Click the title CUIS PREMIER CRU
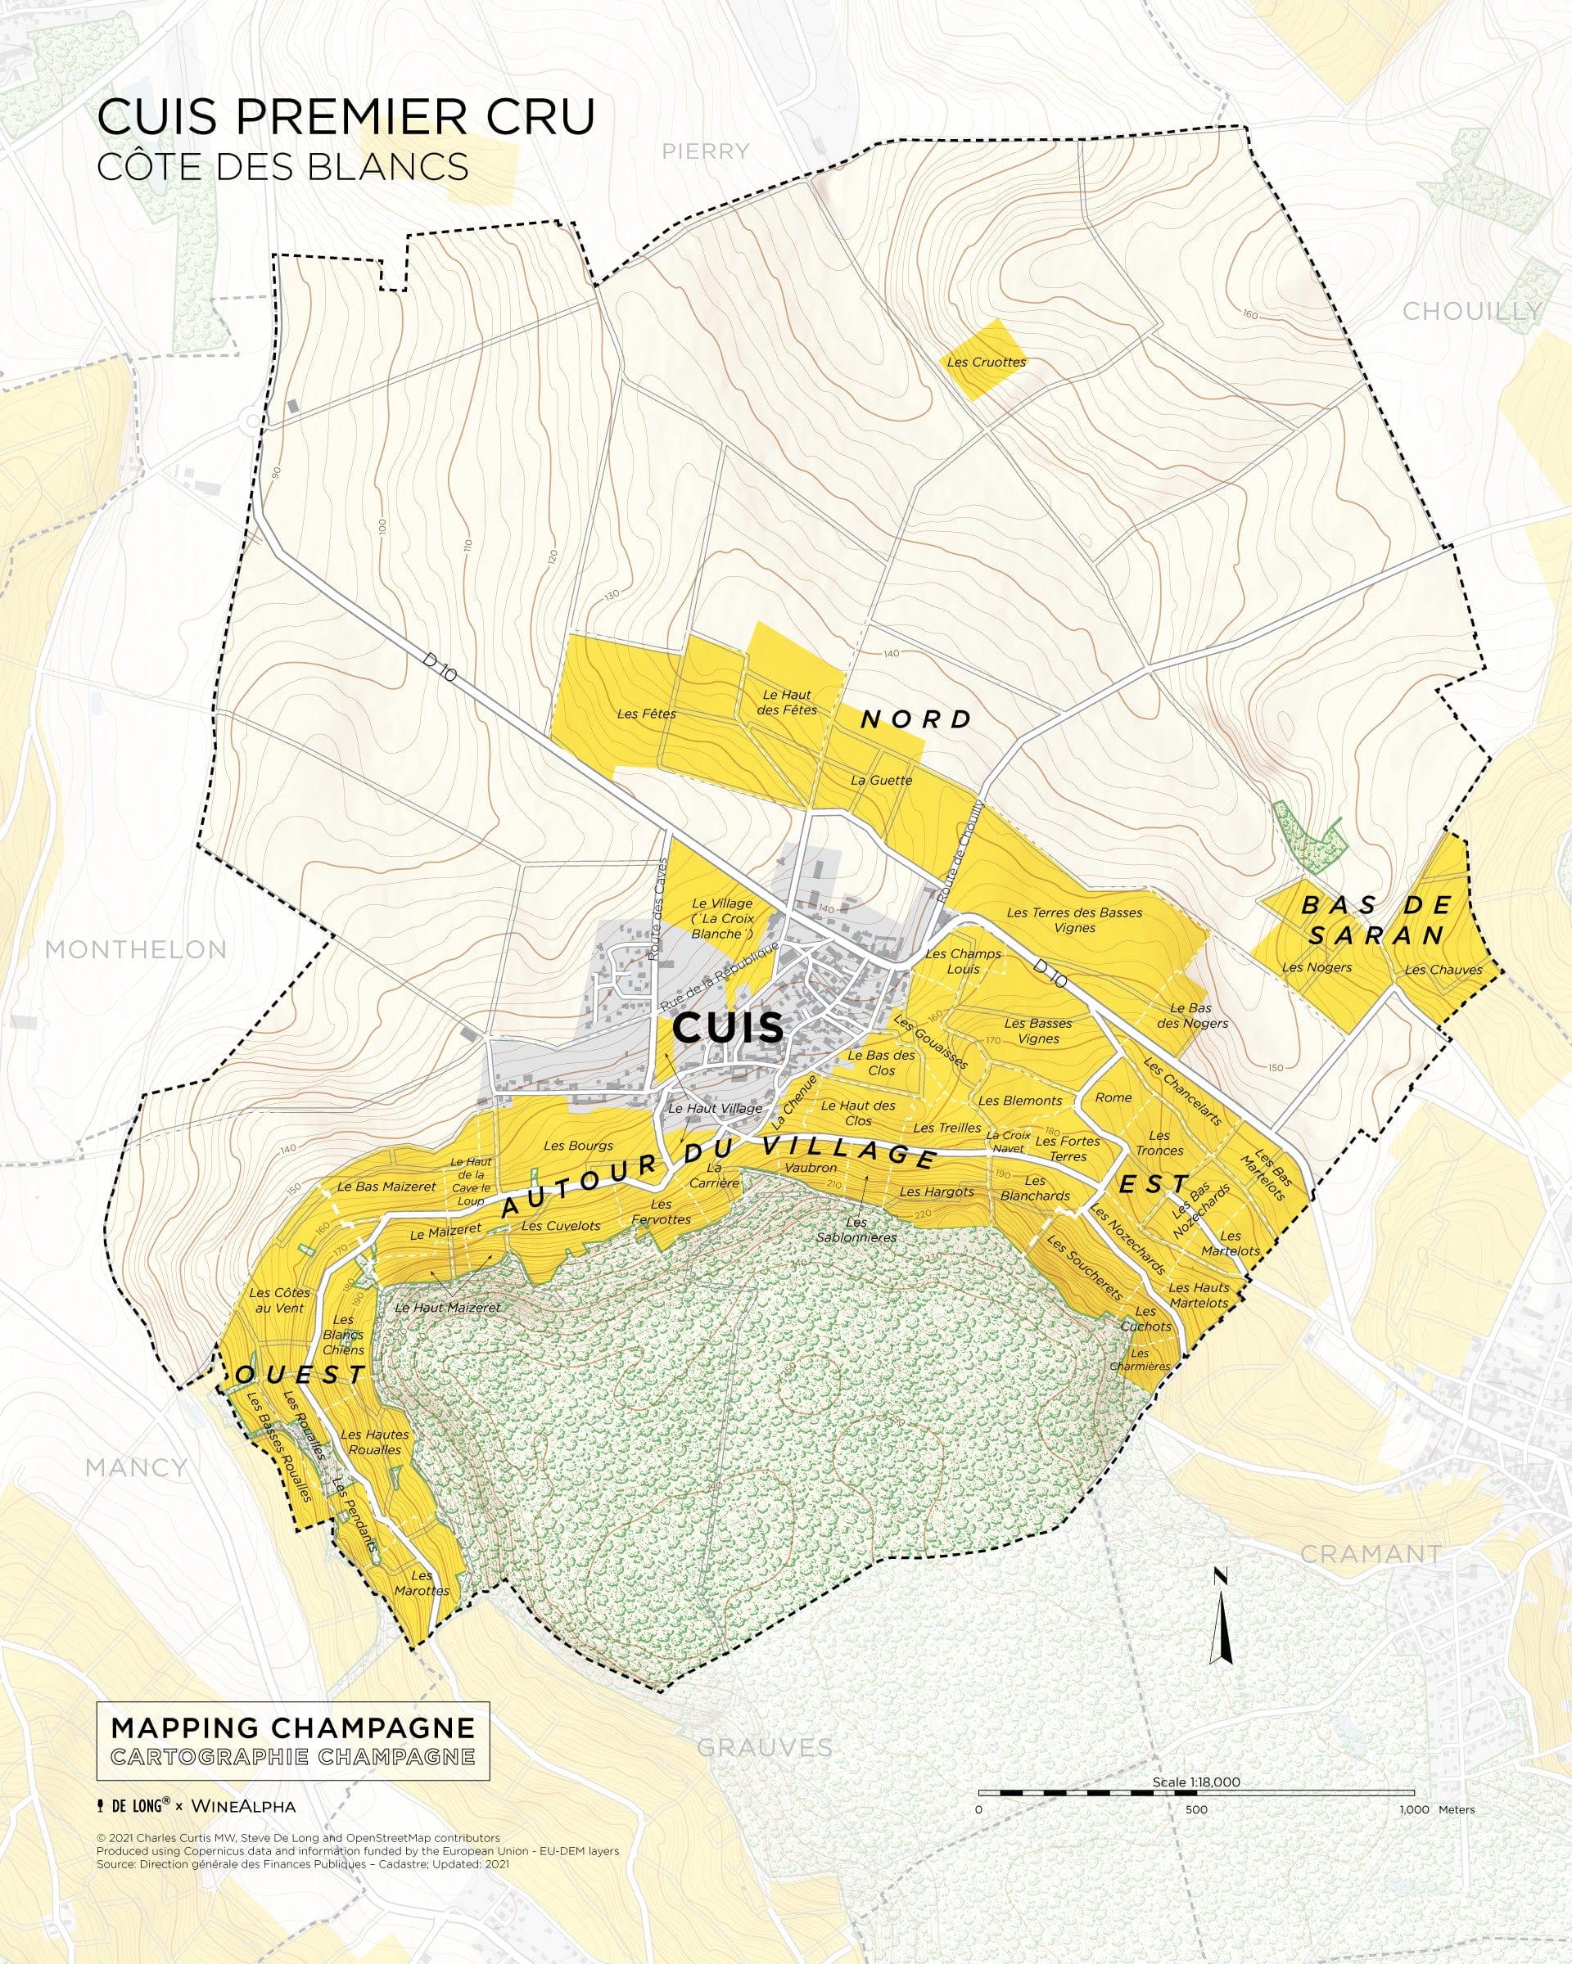346,116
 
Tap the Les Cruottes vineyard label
985,362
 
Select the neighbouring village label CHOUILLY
1470,312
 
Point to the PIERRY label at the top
705,151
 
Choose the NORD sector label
917,719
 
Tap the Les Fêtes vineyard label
646,714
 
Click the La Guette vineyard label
880,780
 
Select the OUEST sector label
300,1375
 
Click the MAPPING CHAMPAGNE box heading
292,1728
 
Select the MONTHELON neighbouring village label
136,949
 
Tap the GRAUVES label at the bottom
764,1747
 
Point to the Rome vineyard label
1113,1097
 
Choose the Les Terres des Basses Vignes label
1073,920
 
